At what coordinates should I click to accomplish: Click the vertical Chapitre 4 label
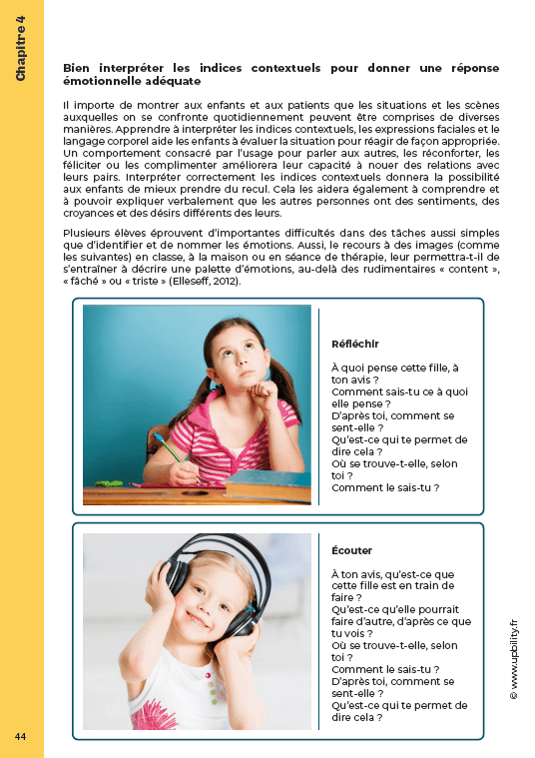tap(21, 49)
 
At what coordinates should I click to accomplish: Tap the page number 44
tap(20, 736)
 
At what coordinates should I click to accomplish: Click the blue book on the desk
tap(266, 483)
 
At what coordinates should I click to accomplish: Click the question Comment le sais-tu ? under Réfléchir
tap(384, 487)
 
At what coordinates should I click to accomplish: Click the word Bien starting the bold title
tap(76, 67)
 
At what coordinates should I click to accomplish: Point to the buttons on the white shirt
tap(211, 689)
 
